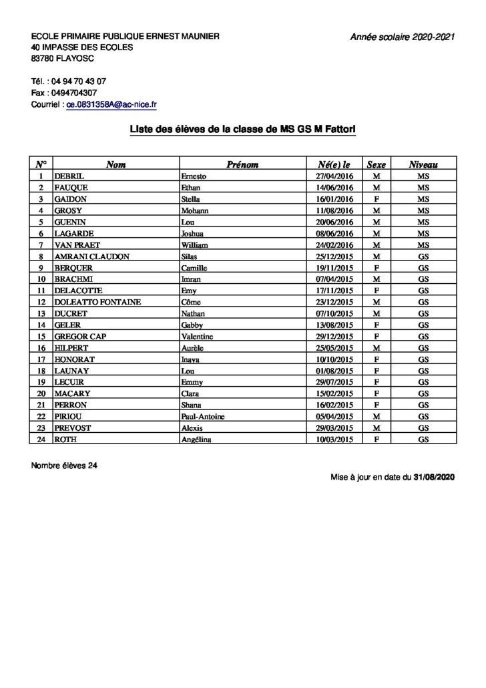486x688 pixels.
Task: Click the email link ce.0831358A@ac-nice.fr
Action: point(111,105)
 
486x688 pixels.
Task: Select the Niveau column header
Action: point(423,164)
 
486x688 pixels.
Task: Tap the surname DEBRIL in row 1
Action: point(69,176)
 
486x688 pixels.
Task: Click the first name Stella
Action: point(191,198)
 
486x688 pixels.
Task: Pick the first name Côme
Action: point(191,301)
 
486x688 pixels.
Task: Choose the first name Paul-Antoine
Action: point(203,415)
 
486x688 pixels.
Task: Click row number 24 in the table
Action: point(41,439)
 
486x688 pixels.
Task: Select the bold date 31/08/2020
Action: point(435,478)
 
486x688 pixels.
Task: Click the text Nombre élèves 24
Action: point(64,465)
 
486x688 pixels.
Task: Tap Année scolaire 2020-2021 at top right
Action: point(403,37)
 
